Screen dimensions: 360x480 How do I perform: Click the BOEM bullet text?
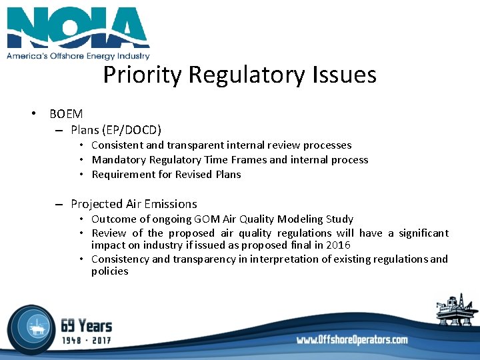(66, 114)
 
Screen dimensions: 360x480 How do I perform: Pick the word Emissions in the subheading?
(164, 204)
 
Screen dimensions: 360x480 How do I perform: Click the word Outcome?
(113, 219)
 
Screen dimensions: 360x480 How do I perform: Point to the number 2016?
(338, 245)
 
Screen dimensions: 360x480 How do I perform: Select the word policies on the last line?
(109, 271)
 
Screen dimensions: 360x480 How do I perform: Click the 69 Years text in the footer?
(87, 326)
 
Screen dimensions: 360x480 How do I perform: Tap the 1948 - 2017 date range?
(87, 340)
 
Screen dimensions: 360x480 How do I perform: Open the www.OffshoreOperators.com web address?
(352, 340)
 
